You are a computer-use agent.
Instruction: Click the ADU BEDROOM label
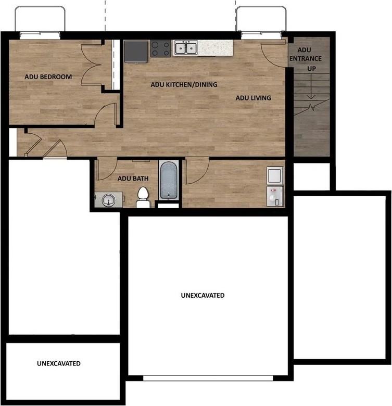pos(48,77)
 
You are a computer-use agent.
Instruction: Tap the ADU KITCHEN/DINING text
pos(184,84)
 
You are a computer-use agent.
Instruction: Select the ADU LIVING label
pos(253,98)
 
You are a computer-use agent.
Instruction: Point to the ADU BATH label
pos(133,179)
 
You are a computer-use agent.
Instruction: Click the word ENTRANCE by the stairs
pos(306,58)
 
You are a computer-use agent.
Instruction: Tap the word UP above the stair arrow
pos(311,69)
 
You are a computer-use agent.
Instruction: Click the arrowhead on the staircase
pos(311,97)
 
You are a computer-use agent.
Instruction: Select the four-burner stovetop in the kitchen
pos(160,49)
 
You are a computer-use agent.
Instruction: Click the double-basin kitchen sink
pos(185,48)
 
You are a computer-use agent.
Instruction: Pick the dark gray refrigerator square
pos(136,52)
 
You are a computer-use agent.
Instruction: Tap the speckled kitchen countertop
pos(215,48)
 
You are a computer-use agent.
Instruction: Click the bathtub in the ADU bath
pos(169,180)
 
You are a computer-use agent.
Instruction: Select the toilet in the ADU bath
pos(143,198)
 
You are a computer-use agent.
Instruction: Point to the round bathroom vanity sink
pos(109,200)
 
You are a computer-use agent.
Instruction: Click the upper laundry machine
pos(275,175)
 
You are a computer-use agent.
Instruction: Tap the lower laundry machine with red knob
pos(275,196)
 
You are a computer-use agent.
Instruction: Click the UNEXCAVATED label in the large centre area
pos(203,295)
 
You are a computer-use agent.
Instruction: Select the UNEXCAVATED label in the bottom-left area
pos(58,363)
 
